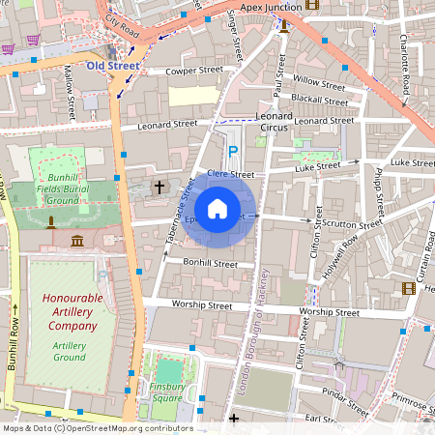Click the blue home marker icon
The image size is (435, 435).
(x=217, y=208)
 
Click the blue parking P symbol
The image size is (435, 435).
(x=232, y=152)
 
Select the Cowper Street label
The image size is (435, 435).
(x=166, y=71)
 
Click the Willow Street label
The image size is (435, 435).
(x=318, y=83)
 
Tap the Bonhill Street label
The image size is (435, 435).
(x=210, y=263)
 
